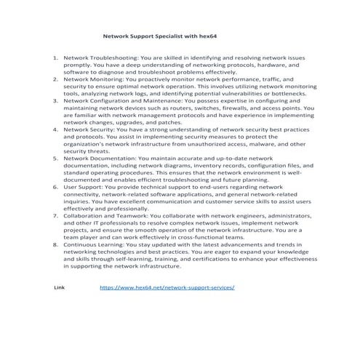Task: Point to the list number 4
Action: tap(56, 128)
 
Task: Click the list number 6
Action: tap(56, 185)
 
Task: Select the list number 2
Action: tap(56, 79)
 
